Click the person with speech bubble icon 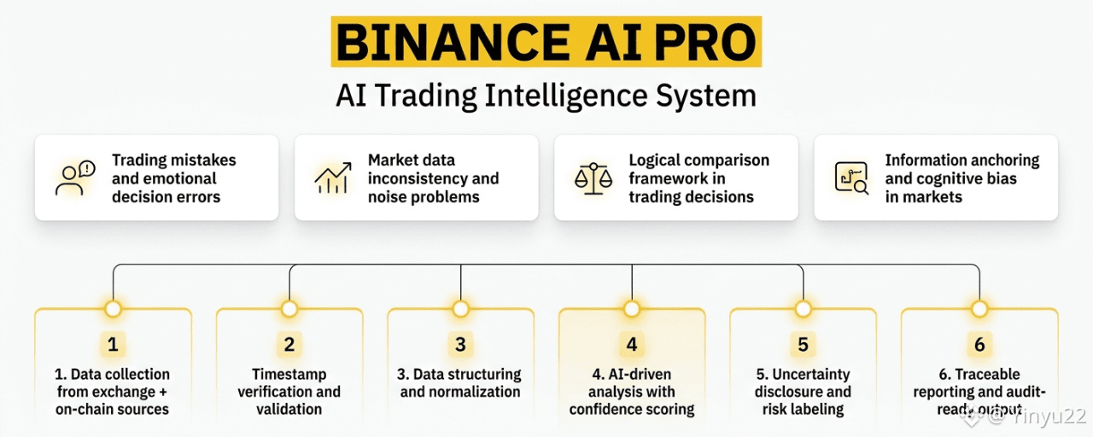[74, 178]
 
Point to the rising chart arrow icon [333, 178]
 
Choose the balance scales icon [593, 178]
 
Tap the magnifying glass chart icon [851, 178]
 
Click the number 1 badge [113, 345]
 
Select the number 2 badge [289, 345]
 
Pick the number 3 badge [460, 345]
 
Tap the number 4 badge [632, 345]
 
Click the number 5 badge [803, 345]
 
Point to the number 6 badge [979, 345]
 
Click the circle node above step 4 [632, 308]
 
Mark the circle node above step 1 [113, 308]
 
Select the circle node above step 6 [979, 308]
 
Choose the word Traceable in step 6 [987, 374]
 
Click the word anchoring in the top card [1004, 160]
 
